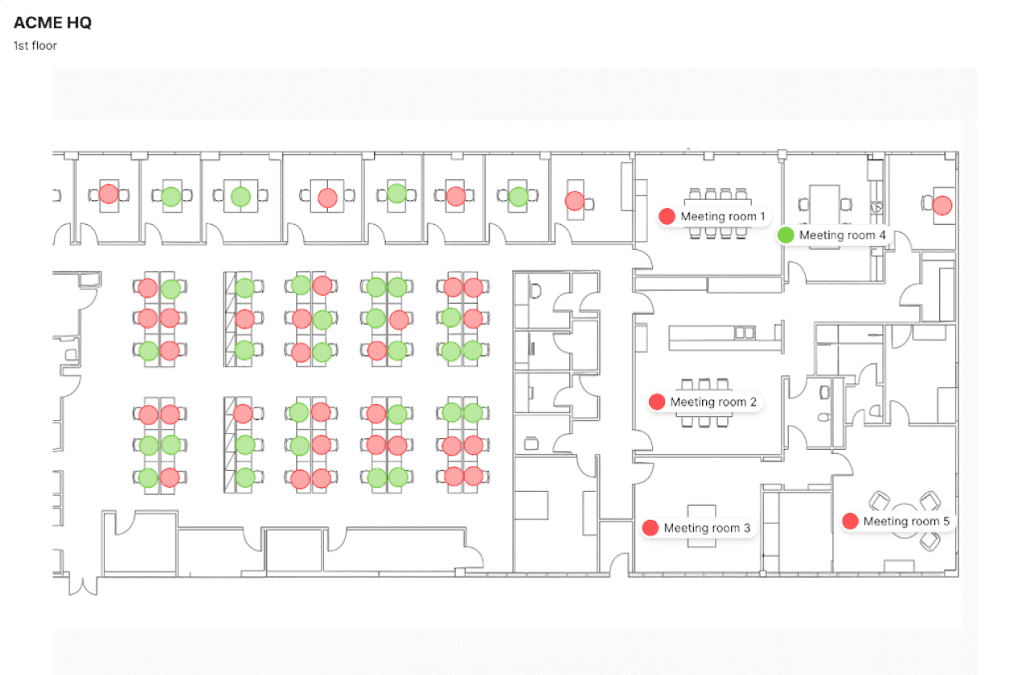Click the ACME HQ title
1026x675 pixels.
coord(52,22)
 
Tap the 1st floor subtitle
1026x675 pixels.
coord(35,45)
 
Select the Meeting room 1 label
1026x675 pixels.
coord(723,216)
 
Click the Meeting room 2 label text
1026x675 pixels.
coord(713,402)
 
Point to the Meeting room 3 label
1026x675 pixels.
coord(707,528)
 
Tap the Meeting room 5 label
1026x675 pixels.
coord(906,522)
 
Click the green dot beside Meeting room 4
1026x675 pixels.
coord(786,235)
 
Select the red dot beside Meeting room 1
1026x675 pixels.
coord(667,216)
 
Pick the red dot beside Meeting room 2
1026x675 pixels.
coord(657,402)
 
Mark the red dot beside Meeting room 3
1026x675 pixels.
coord(650,528)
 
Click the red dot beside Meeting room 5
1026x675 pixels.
coord(850,522)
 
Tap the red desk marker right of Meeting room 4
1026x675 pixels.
coord(942,205)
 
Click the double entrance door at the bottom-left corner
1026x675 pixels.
coord(81,584)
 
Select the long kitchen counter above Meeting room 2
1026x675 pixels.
coord(724,337)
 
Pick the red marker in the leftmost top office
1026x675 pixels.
coord(109,194)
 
